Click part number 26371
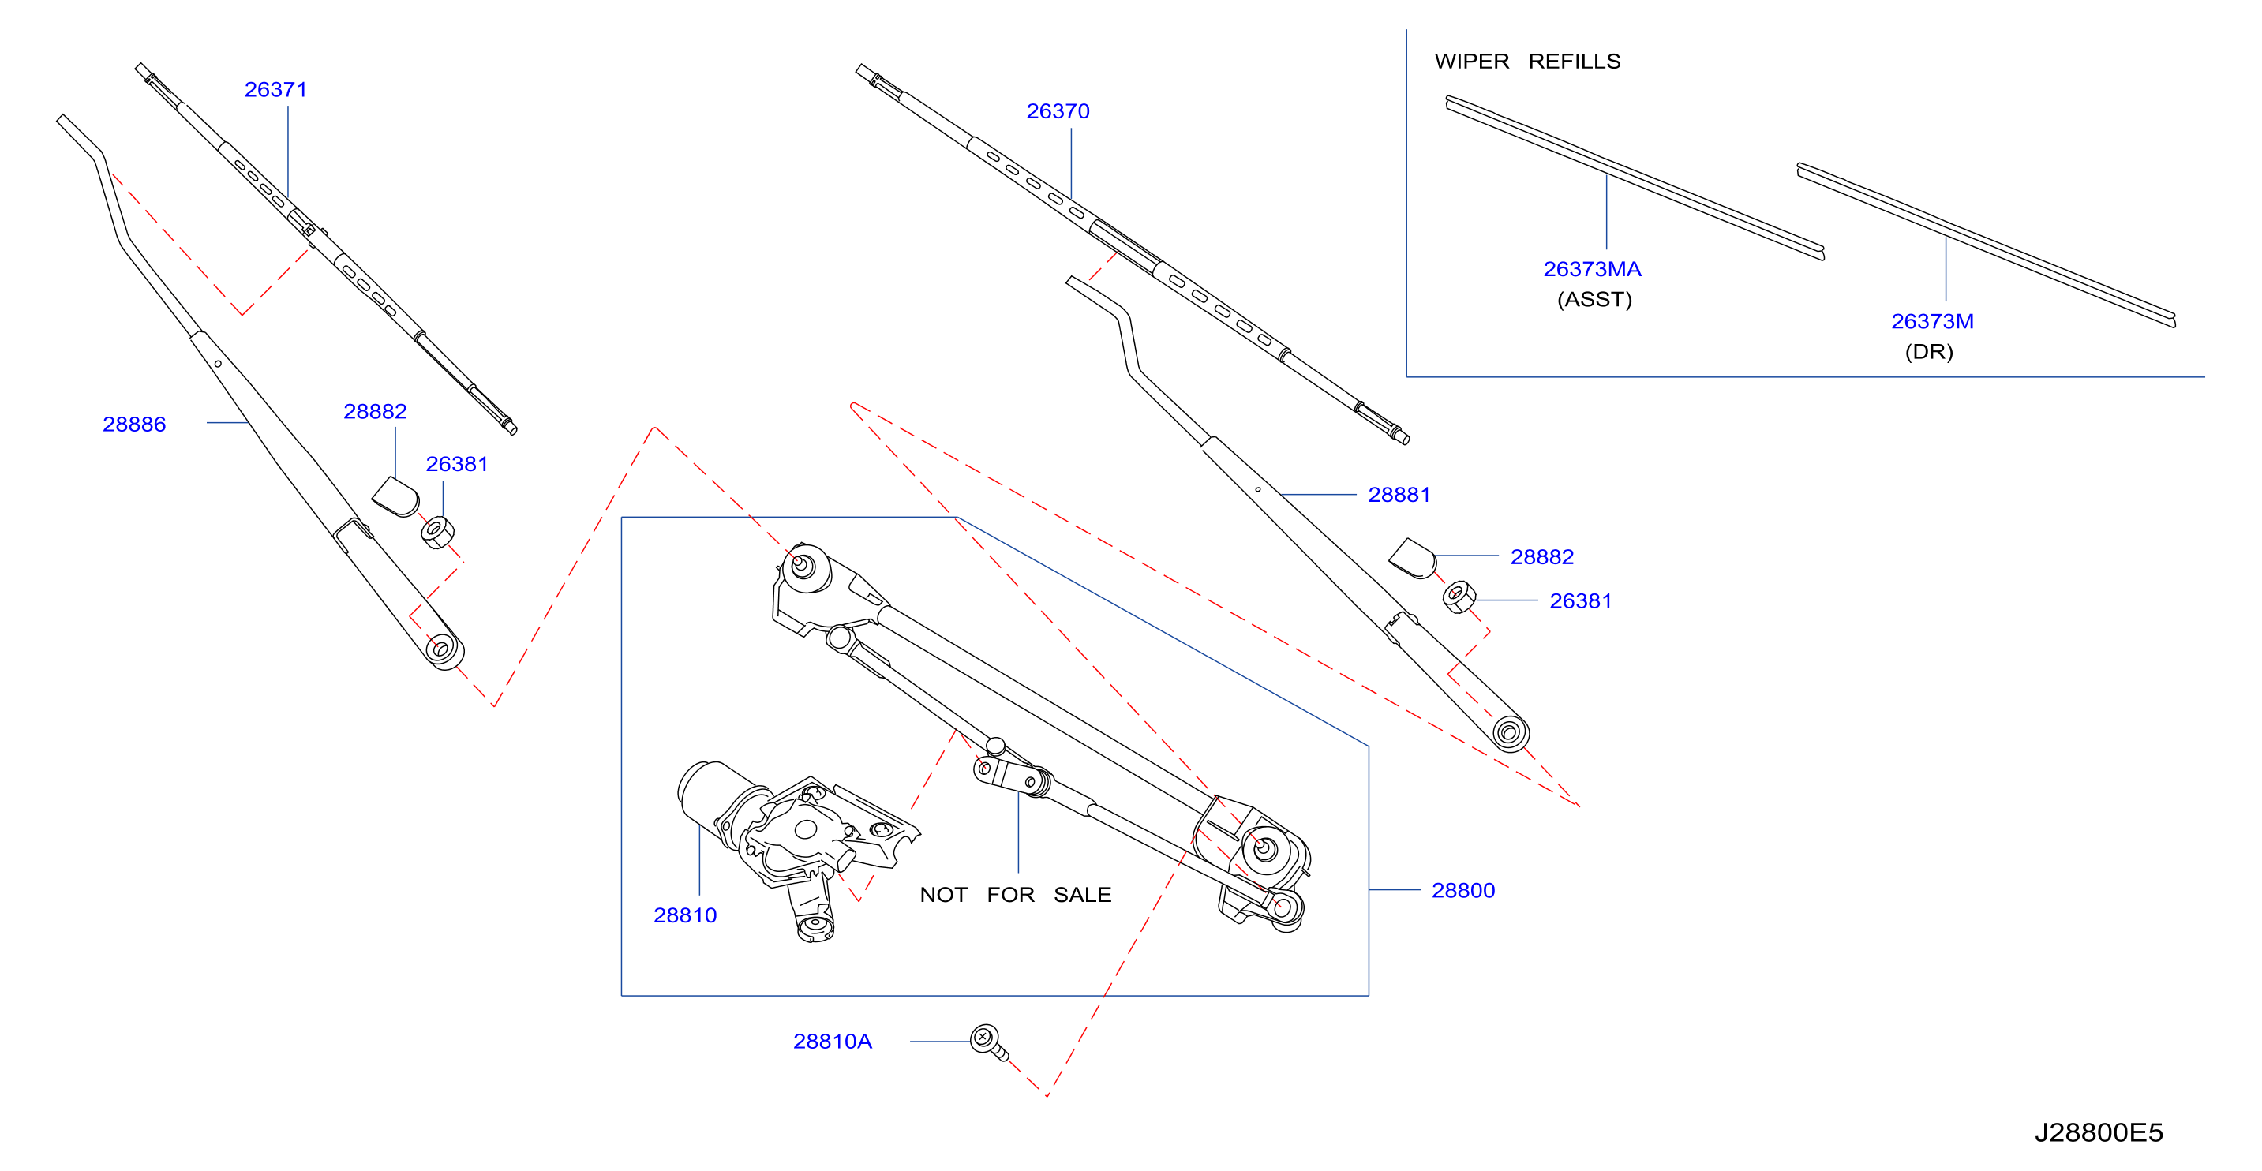(275, 89)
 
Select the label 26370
(1058, 111)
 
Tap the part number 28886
(134, 425)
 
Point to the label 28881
(1399, 495)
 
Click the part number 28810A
(833, 1042)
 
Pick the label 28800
(1464, 891)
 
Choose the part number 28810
(685, 915)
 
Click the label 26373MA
(1593, 270)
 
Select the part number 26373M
(1933, 322)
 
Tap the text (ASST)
(1594, 300)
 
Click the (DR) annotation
(1929, 352)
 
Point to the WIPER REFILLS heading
(1528, 62)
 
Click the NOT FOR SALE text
(1016, 896)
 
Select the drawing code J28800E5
(2099, 1133)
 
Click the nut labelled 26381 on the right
(1459, 597)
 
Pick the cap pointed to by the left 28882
(396, 497)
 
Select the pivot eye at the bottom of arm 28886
(442, 649)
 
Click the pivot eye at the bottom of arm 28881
(1510, 733)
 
